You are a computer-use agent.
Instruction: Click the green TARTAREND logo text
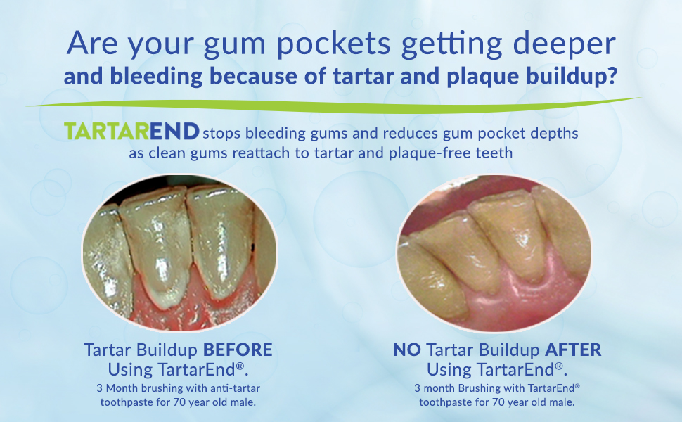click(131, 132)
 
